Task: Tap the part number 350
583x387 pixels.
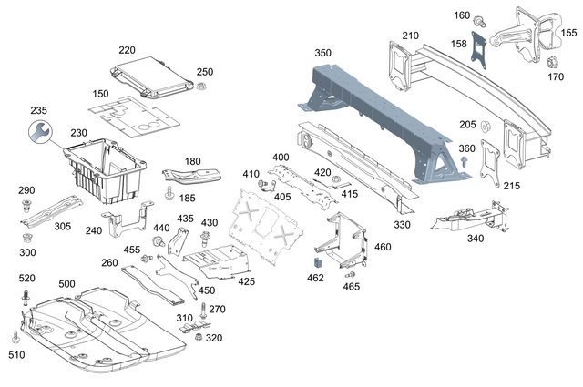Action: (x=323, y=53)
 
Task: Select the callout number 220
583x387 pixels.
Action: (x=127, y=50)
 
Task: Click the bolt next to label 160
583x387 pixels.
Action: (x=482, y=20)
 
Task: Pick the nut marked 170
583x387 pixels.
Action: (x=551, y=63)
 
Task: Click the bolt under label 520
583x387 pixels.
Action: (x=26, y=296)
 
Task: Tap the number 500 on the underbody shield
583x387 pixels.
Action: (x=67, y=284)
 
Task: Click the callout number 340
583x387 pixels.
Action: (x=475, y=239)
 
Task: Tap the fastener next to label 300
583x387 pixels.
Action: (x=26, y=238)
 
